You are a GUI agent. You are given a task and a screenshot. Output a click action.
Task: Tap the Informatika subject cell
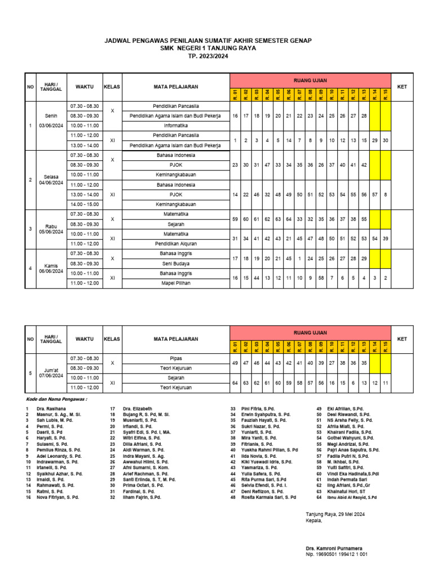(x=175, y=125)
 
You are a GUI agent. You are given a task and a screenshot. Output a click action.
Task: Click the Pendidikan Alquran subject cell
(x=175, y=243)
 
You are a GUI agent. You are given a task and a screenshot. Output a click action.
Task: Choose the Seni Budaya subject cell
(x=175, y=263)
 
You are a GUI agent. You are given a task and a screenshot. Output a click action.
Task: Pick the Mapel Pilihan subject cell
(x=175, y=283)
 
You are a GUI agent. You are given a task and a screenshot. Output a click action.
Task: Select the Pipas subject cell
(x=175, y=358)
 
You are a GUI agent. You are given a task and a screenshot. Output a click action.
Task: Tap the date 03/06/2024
(x=51, y=125)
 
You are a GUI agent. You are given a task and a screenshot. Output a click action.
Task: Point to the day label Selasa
(x=51, y=176)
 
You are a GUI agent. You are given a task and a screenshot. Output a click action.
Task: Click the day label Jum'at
(x=51, y=369)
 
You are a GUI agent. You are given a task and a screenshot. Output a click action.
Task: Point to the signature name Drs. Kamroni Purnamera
(x=334, y=548)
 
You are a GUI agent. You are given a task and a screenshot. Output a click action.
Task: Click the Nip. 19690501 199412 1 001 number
(x=337, y=554)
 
